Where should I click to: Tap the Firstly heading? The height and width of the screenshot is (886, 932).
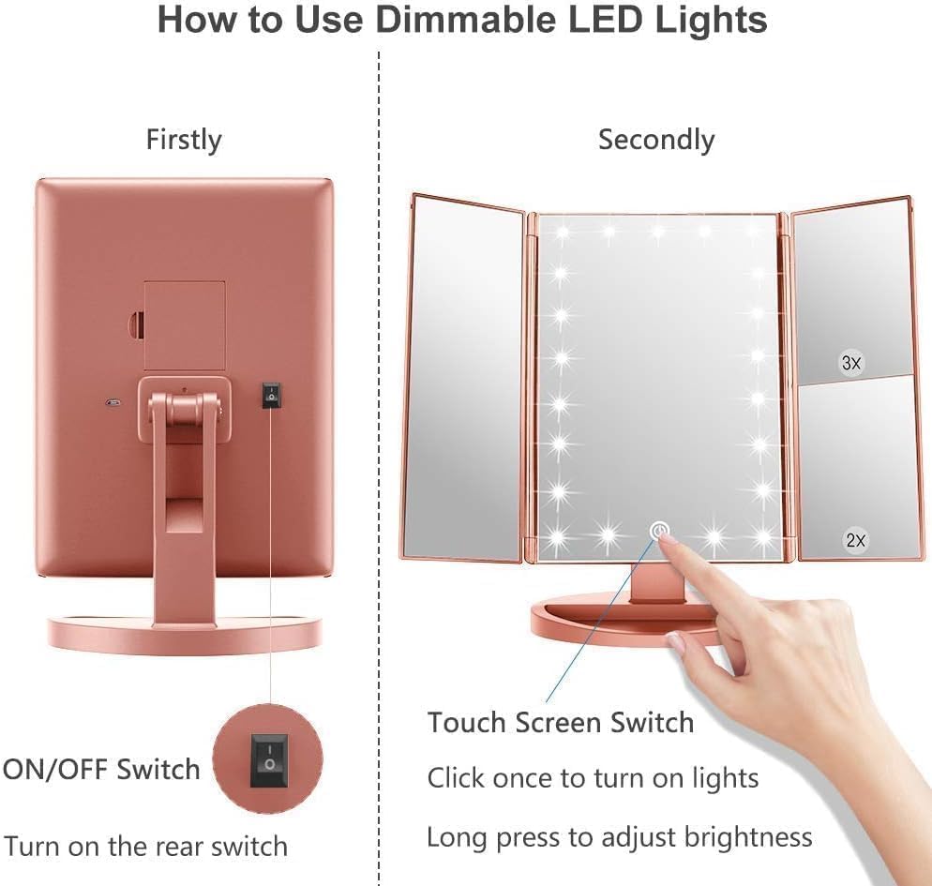tap(184, 140)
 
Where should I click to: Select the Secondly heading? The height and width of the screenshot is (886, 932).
tap(655, 140)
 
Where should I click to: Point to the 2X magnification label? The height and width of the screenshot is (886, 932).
tap(855, 540)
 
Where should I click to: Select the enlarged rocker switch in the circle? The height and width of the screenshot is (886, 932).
tap(268, 758)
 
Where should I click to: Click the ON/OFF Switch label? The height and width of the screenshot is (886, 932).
tap(101, 770)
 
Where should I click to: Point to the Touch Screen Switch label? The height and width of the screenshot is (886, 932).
tap(561, 723)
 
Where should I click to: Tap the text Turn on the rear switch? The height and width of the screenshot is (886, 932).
tap(145, 846)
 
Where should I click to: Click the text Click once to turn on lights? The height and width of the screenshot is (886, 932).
tap(593, 777)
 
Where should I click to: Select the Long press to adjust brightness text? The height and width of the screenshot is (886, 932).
tap(619, 835)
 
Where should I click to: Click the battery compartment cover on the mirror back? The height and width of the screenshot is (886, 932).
tap(184, 324)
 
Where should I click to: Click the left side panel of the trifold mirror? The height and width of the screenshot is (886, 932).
tap(462, 380)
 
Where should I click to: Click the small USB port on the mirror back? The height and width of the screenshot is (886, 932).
tap(112, 405)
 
